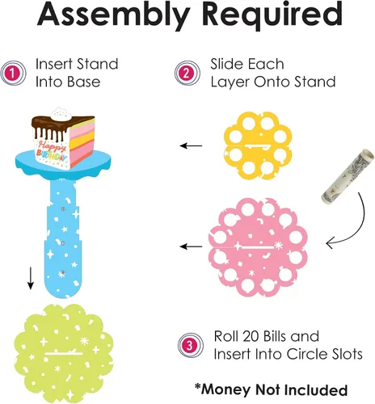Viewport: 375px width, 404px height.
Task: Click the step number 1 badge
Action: (x=13, y=74)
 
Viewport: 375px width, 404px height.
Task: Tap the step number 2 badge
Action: (x=187, y=74)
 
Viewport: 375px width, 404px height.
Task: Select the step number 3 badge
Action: (x=190, y=345)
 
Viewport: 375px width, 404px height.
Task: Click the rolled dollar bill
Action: (x=348, y=175)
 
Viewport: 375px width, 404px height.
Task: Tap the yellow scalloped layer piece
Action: (x=258, y=145)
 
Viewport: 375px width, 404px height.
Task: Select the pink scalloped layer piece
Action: (x=258, y=246)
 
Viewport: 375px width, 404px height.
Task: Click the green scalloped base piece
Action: (x=64, y=353)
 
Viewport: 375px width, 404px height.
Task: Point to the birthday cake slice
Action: (x=63, y=139)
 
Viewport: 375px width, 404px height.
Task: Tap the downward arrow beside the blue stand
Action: (x=31, y=279)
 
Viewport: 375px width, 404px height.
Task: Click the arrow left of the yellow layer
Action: (x=191, y=145)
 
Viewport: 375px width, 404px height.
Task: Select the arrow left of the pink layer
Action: (x=191, y=246)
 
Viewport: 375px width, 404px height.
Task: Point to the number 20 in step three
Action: (x=251, y=336)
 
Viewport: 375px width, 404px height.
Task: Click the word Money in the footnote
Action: (x=226, y=389)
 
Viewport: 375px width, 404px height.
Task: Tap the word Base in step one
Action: (x=83, y=82)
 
